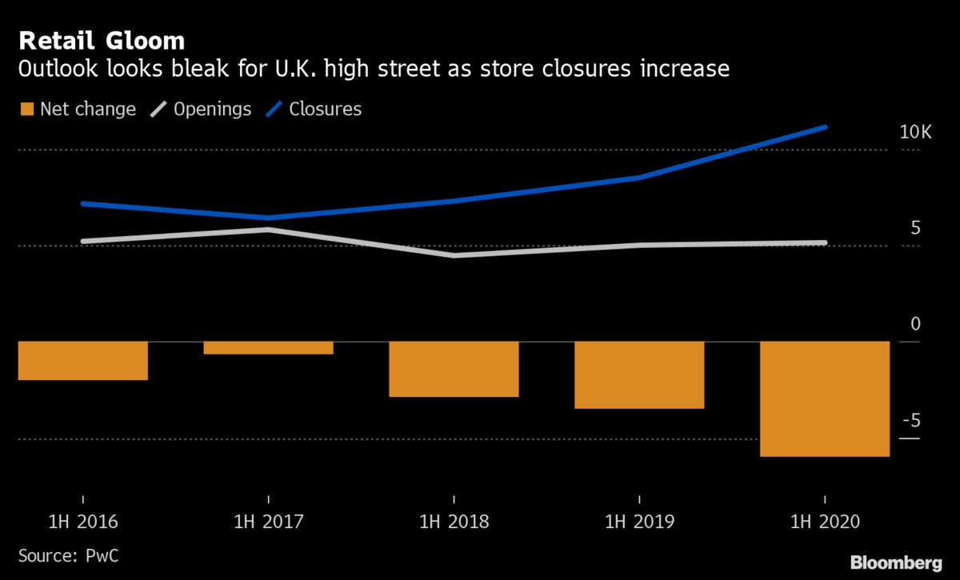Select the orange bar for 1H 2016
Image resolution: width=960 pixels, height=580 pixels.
coord(83,361)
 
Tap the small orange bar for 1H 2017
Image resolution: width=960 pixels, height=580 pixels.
coord(268,348)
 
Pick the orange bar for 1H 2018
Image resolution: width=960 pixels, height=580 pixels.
coord(454,369)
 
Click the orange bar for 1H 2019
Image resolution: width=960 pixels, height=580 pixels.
coord(639,375)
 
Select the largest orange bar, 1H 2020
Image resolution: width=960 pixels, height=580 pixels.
coord(824,399)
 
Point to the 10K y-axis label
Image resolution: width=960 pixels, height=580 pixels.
coord(915,133)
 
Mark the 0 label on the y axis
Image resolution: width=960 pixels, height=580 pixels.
coord(916,325)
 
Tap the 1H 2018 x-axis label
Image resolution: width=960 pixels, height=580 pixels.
coord(454,522)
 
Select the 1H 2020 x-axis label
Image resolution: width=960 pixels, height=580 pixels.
coord(824,522)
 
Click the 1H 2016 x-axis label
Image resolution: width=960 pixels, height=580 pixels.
coord(83,522)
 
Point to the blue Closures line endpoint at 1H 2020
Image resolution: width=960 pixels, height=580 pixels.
coord(825,127)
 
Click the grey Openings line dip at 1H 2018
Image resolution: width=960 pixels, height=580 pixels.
coord(454,255)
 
